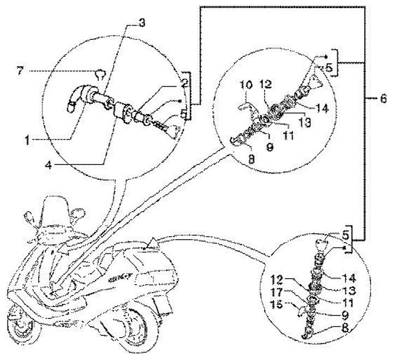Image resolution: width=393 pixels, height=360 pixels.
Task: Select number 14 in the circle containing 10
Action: (323, 109)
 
